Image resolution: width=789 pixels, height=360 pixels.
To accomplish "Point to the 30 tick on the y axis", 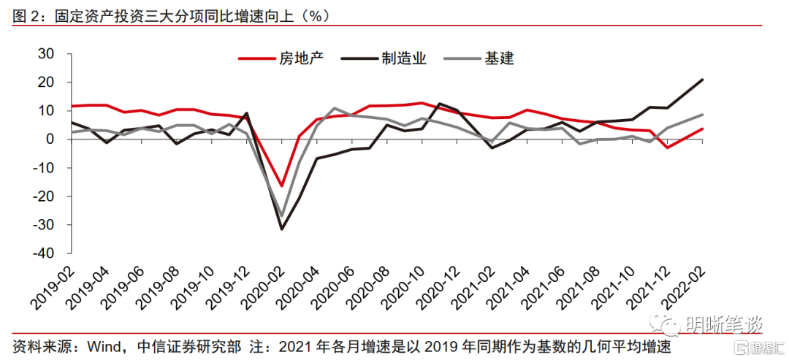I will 46,53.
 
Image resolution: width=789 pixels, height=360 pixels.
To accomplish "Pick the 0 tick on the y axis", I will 50,139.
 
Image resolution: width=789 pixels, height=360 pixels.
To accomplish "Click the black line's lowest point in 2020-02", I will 281,229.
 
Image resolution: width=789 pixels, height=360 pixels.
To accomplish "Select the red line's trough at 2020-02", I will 281,186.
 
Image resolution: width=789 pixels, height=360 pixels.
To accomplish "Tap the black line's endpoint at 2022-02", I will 703,80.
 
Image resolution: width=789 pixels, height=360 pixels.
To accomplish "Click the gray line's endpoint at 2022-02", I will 703,115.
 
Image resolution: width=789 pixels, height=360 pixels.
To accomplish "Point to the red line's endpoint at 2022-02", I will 703,129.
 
